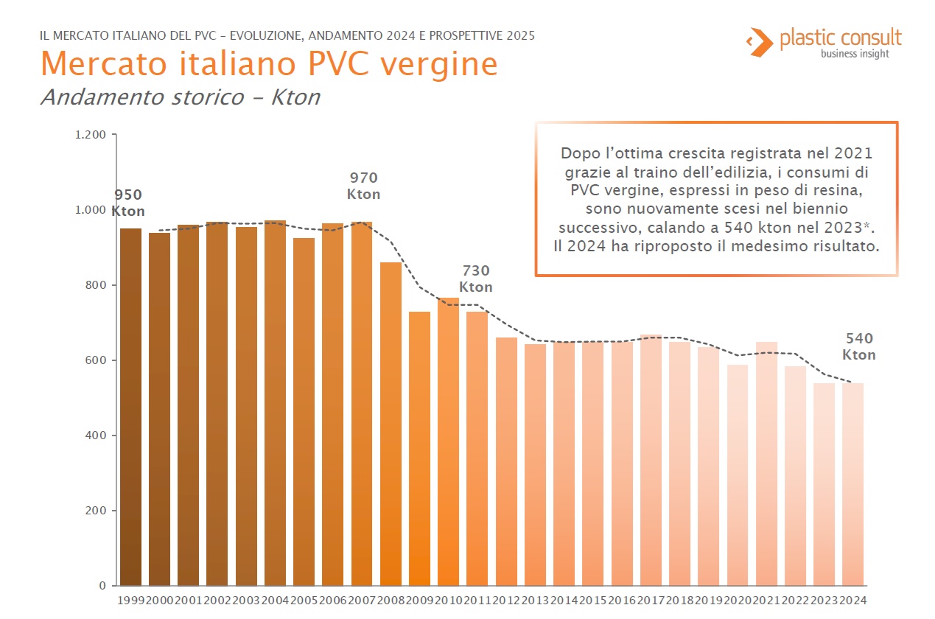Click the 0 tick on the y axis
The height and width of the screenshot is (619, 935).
pyautogui.click(x=102, y=586)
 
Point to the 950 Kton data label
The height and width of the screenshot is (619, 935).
pyautogui.click(x=128, y=203)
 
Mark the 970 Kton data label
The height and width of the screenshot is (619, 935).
pyautogui.click(x=364, y=186)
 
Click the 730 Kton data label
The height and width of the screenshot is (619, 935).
pyautogui.click(x=476, y=279)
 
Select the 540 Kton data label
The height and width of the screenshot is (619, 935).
pyautogui.click(x=859, y=346)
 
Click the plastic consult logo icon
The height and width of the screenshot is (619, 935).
pyautogui.click(x=757, y=41)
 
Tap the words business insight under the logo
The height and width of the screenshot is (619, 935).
pyautogui.click(x=855, y=54)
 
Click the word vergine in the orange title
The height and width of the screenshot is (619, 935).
pyautogui.click(x=439, y=63)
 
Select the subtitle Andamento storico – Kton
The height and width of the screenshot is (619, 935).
pyautogui.click(x=180, y=97)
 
